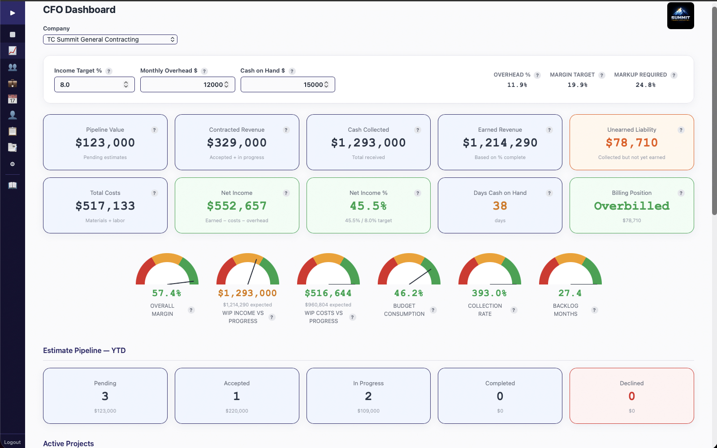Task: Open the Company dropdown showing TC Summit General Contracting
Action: coord(110,39)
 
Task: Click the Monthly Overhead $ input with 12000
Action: coord(184,85)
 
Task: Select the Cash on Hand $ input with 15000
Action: coord(285,85)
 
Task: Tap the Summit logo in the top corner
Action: coord(680,16)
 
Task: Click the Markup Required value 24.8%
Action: coord(645,85)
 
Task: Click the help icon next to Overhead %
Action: coord(537,75)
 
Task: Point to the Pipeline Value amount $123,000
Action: coord(105,143)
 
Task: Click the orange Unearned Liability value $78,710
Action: coord(631,143)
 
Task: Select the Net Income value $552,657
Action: coord(237,206)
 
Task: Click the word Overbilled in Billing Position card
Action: coord(631,206)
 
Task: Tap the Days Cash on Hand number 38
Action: coord(500,206)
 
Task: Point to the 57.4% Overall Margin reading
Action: coord(166,293)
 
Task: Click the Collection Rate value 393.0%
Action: coord(489,293)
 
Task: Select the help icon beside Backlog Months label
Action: coord(595,310)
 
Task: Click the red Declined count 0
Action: coord(631,396)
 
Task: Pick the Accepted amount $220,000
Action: coord(237,411)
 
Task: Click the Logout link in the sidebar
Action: coord(13,442)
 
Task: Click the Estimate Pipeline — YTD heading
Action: coord(84,350)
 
